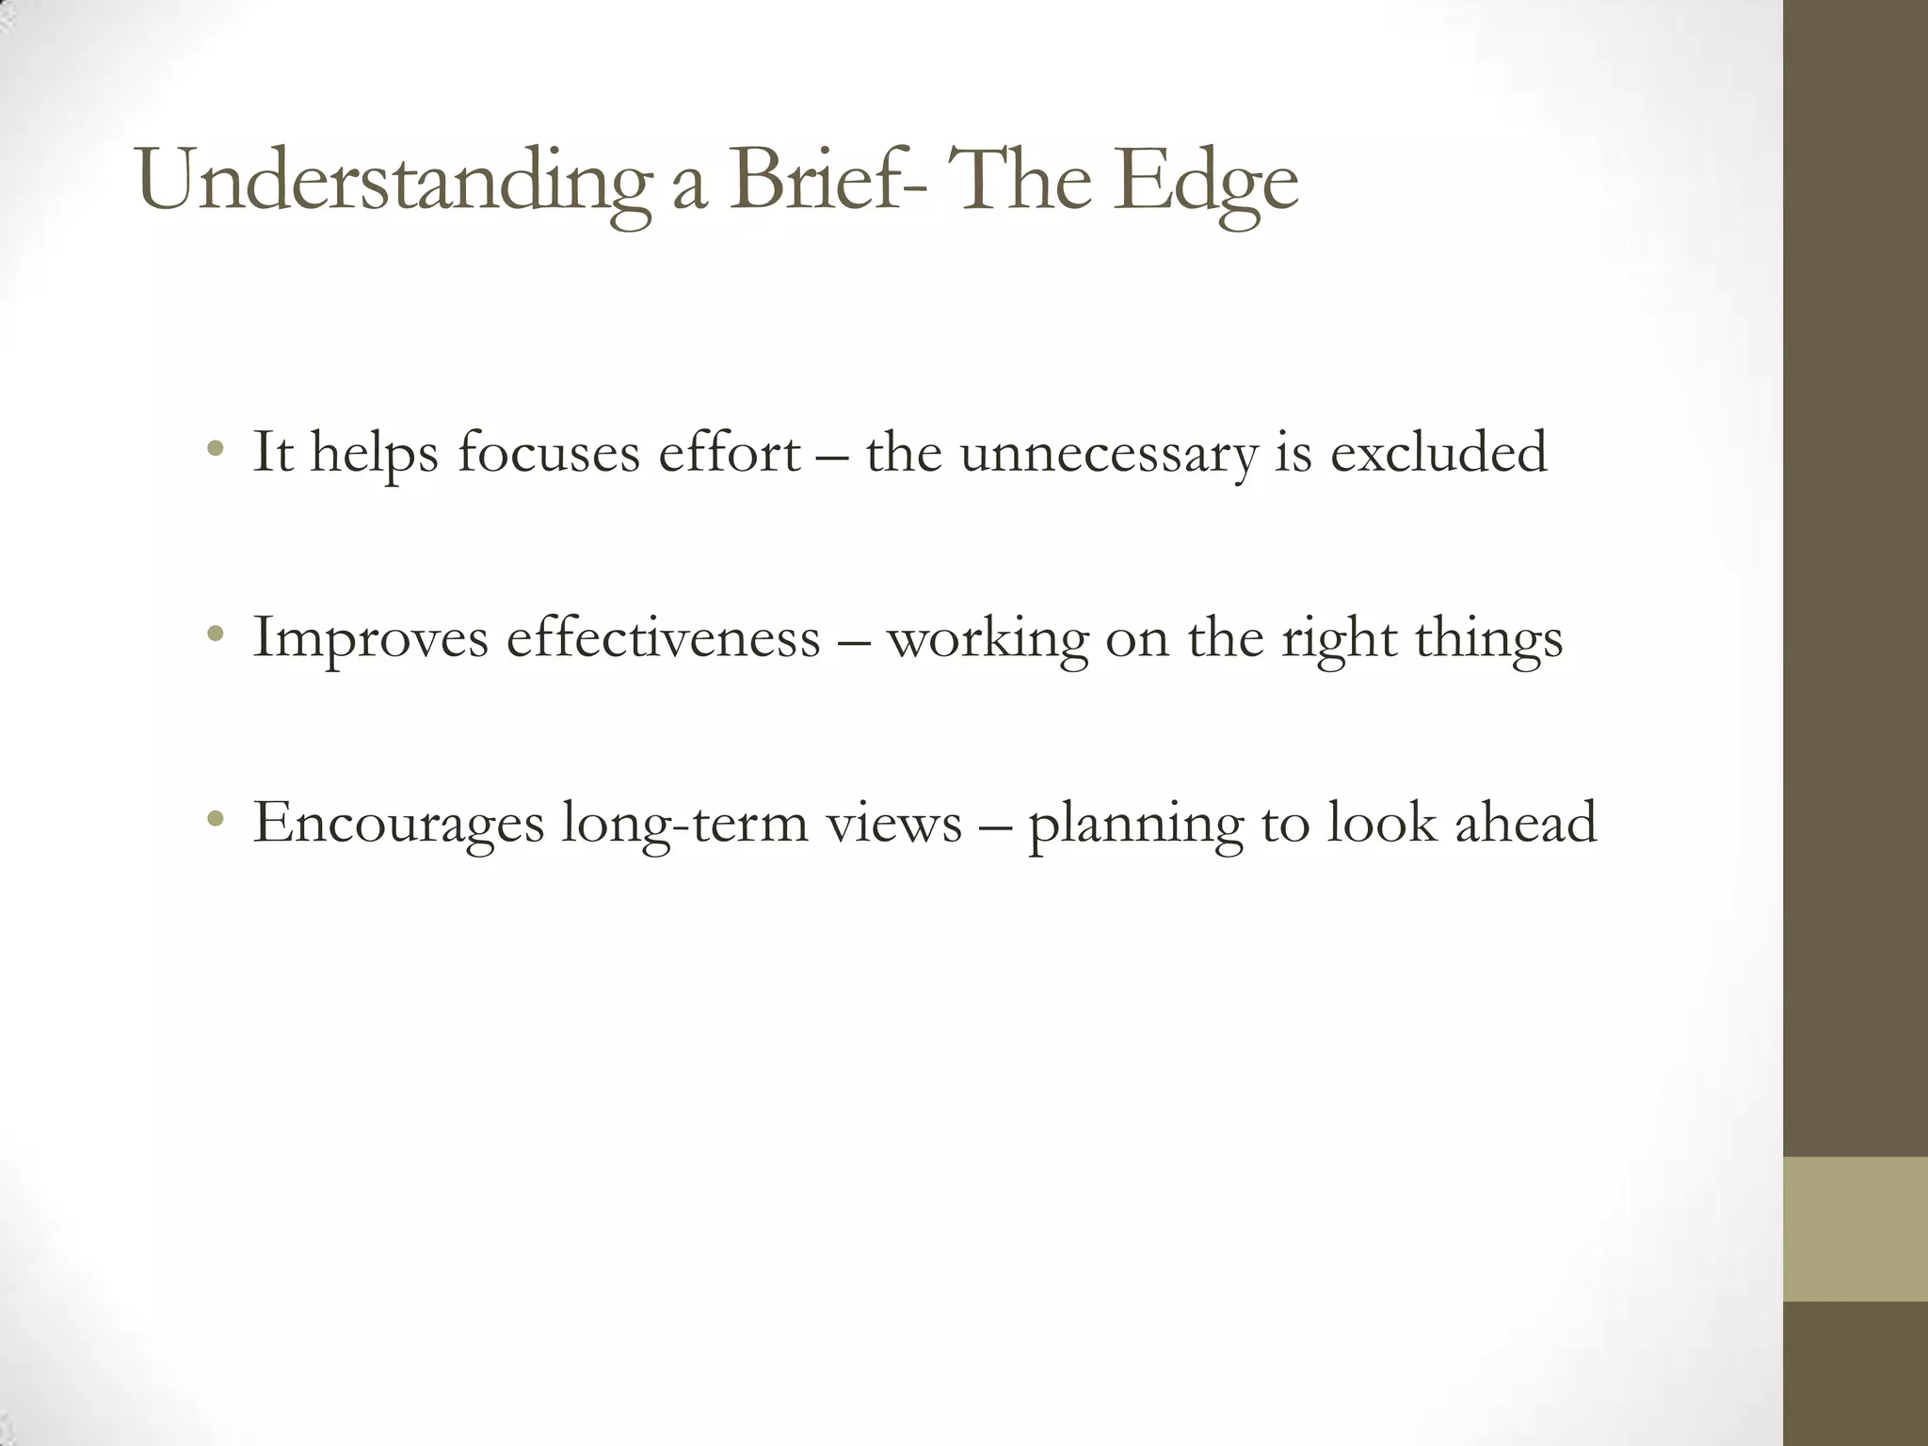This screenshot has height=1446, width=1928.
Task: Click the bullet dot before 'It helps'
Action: coord(217,449)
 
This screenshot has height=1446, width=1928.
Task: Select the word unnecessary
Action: coord(1108,454)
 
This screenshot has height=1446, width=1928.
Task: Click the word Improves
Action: coord(371,638)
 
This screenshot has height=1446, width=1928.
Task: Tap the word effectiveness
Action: coord(664,637)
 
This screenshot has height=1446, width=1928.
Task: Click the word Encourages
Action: coord(398,824)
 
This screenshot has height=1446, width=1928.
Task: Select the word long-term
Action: coord(683,824)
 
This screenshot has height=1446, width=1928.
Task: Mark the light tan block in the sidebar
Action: coord(1856,1229)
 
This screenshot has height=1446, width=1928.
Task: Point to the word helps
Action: coord(375,453)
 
